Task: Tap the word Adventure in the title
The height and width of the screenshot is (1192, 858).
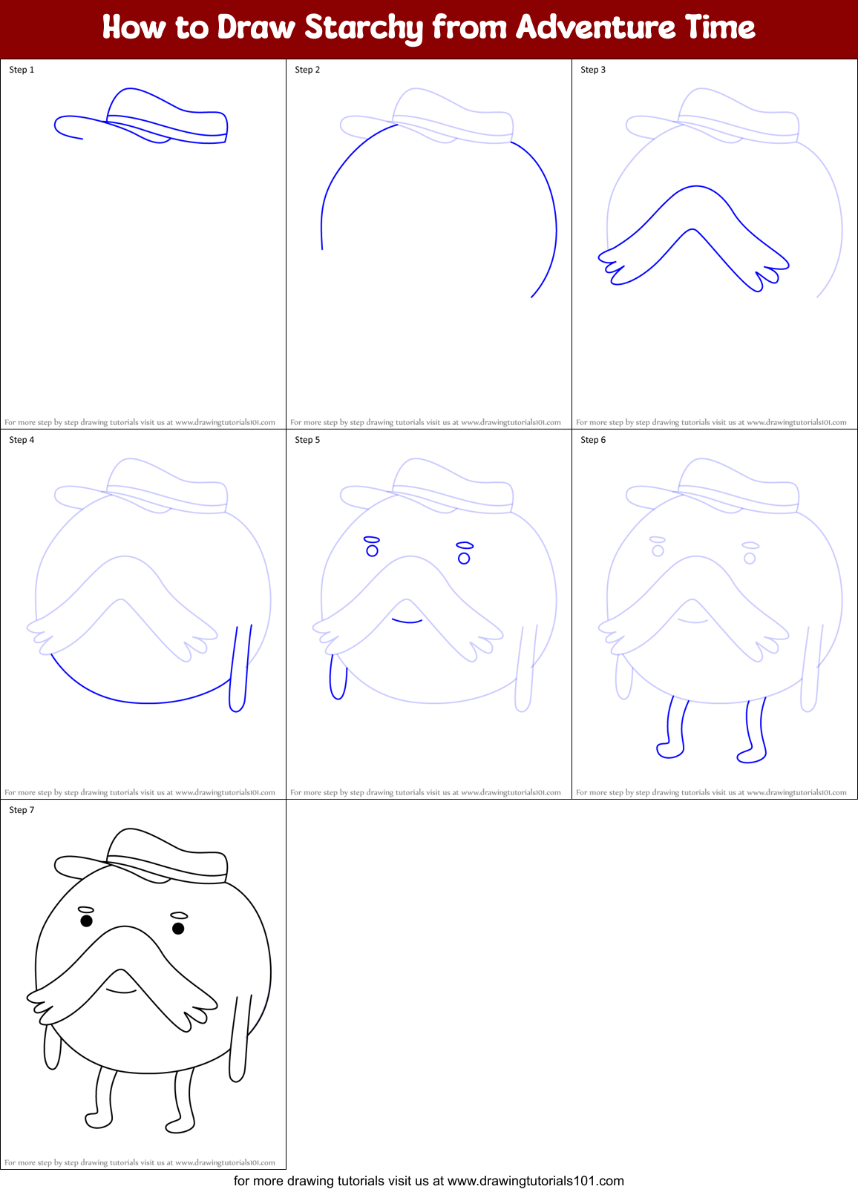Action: pos(596,27)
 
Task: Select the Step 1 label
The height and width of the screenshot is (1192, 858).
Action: pos(22,70)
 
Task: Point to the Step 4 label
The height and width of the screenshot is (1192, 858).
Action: pos(22,440)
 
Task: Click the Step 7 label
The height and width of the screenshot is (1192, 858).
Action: pos(22,810)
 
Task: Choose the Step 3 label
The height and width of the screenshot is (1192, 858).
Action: pos(593,70)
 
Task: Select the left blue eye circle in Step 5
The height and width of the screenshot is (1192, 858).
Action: pos(373,550)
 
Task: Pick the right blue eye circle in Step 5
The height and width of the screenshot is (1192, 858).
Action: pos(464,558)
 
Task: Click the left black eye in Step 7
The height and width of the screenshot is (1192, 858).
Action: pos(86,921)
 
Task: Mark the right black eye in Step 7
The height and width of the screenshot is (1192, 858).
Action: pos(178,928)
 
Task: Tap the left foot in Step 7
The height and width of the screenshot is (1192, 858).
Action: pos(99,1119)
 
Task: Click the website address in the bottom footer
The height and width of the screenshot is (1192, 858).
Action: pos(535,1180)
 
